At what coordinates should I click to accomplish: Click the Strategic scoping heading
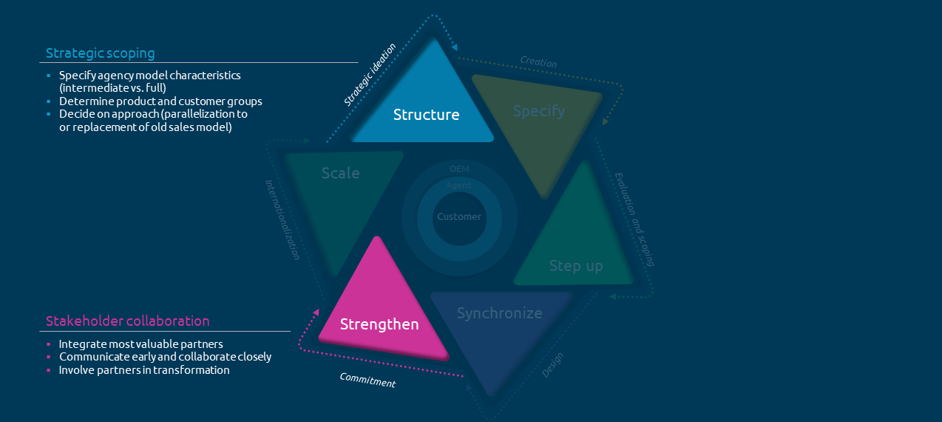[x=101, y=53]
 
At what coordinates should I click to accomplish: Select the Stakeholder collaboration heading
[x=128, y=321]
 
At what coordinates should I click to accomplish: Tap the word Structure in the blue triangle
[x=426, y=115]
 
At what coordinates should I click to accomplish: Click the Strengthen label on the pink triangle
[x=379, y=324]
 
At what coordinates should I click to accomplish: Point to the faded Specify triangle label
[x=539, y=111]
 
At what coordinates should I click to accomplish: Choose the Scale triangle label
[x=341, y=173]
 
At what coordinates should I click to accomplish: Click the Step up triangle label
[x=576, y=266]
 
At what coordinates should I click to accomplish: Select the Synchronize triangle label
[x=499, y=313]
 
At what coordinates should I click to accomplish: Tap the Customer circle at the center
[x=459, y=217]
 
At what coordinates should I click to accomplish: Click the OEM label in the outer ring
[x=459, y=169]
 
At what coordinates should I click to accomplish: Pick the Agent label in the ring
[x=459, y=185]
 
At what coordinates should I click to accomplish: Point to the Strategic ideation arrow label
[x=370, y=74]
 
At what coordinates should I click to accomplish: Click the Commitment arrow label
[x=367, y=380]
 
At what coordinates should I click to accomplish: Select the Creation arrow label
[x=538, y=63]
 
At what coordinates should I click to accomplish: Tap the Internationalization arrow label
[x=282, y=219]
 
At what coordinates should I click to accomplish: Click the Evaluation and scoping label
[x=635, y=219]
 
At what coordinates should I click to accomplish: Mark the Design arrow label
[x=552, y=364]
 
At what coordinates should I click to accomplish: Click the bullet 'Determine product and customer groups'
[x=160, y=101]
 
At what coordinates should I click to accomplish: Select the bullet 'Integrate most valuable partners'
[x=140, y=344]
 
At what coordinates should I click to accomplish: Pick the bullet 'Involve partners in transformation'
[x=144, y=370]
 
